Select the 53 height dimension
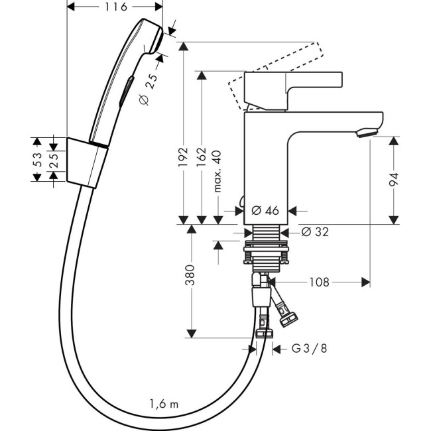click(x=38, y=159)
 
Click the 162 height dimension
click(x=203, y=158)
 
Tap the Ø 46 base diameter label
click(x=265, y=211)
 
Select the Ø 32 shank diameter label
click(x=315, y=232)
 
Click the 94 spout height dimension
click(x=394, y=178)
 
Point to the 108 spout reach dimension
click(x=319, y=282)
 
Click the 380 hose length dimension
click(x=190, y=274)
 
